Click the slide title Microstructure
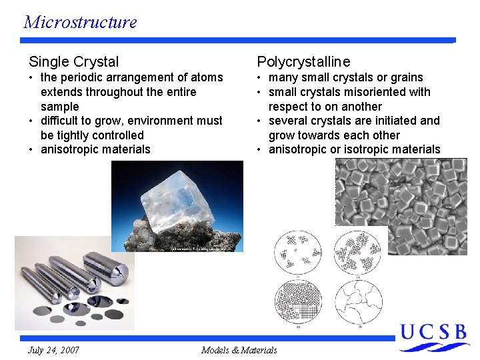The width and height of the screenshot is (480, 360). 80,21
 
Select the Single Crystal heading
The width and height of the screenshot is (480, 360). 73,62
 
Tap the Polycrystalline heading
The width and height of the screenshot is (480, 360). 303,62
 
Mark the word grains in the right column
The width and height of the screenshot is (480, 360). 407,77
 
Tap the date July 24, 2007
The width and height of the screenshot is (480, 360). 53,350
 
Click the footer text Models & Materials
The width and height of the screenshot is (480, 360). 239,350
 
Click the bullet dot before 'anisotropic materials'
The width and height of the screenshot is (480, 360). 32,149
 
